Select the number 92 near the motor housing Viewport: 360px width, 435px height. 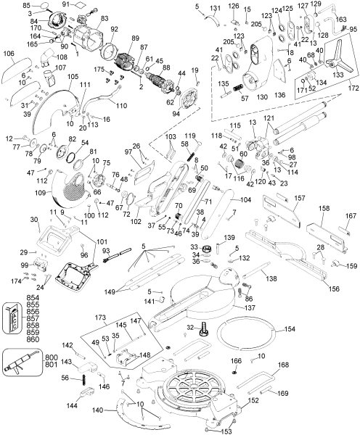click(x=114, y=30)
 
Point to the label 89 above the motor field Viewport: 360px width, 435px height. click(x=134, y=38)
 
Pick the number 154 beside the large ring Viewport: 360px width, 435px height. click(x=289, y=329)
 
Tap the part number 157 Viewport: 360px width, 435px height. click(x=299, y=197)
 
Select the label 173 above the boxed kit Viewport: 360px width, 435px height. click(x=101, y=319)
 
